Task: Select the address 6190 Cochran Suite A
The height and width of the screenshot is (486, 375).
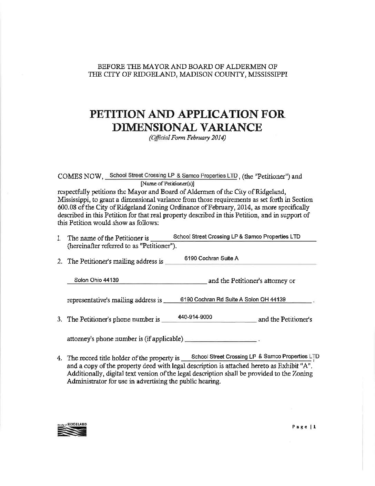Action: click(212, 259)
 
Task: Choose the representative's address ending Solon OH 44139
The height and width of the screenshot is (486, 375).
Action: click(233, 300)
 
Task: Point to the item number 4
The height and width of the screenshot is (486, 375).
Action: click(59, 359)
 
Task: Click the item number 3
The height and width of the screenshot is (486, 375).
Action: click(59, 320)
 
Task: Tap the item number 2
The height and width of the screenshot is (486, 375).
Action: click(59, 262)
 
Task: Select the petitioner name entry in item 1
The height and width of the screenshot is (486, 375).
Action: click(236, 237)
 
